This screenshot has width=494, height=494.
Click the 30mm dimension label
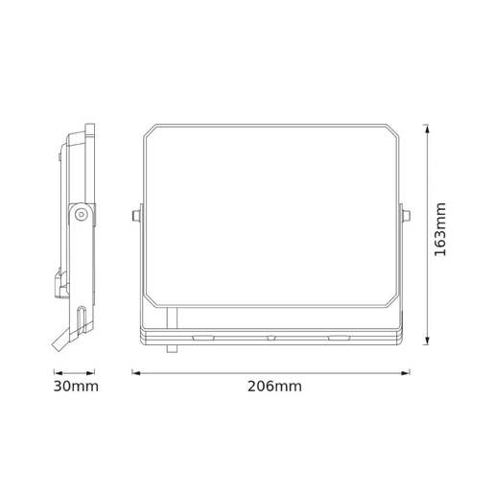click(x=74, y=387)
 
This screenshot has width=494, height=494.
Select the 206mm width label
click(x=274, y=387)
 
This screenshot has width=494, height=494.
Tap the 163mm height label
click(x=440, y=229)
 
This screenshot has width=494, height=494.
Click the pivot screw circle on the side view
click(x=82, y=215)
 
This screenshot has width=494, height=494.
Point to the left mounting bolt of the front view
click(x=135, y=215)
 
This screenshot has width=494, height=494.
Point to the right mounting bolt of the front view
click(x=408, y=215)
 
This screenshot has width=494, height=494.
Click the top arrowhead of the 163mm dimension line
click(x=427, y=127)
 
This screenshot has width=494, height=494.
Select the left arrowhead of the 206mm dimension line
click(x=135, y=372)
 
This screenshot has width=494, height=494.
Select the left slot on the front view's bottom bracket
click(x=202, y=338)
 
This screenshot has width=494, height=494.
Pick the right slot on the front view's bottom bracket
click(x=340, y=338)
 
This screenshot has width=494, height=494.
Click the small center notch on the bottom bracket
click(x=271, y=338)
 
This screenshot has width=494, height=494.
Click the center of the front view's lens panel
click(x=271, y=215)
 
